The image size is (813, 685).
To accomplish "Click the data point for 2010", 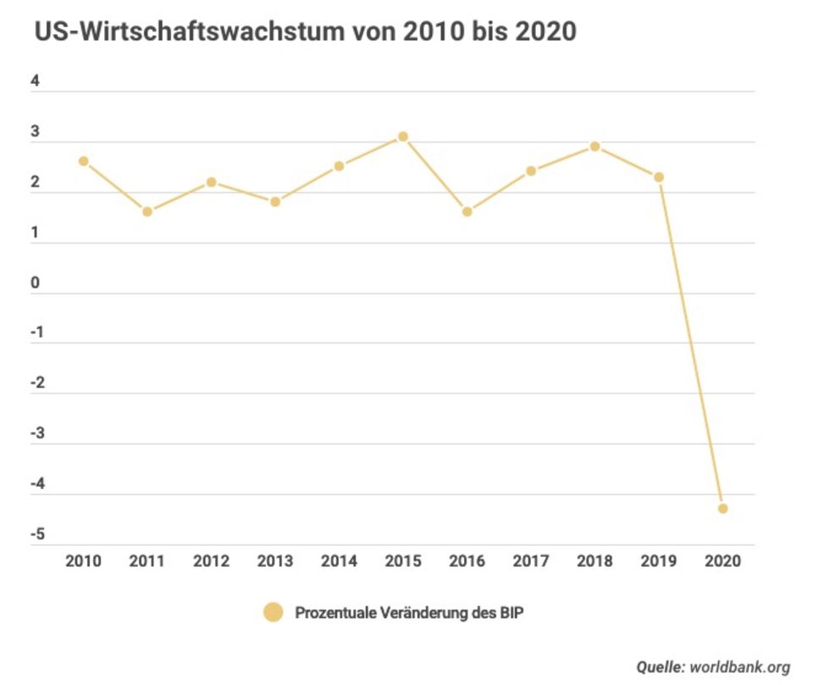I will click(x=83, y=161).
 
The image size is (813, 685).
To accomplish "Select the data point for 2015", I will click(x=403, y=136).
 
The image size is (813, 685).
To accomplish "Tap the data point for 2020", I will click(x=722, y=509).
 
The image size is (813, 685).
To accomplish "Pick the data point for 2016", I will click(x=467, y=211).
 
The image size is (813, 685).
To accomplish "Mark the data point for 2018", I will click(x=595, y=147).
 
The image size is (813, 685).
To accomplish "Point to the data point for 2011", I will click(x=147, y=211).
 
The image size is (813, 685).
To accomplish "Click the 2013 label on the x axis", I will click(x=274, y=561).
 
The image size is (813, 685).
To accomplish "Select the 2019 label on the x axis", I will click(x=658, y=561).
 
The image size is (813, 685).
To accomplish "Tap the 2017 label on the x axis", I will click(x=530, y=561).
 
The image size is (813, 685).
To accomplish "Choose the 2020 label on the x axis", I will click(x=722, y=561).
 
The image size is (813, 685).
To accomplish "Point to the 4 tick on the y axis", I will click(x=36, y=82).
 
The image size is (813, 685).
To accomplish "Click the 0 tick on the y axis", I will click(x=36, y=283).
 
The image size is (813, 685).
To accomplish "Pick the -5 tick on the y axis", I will click(x=38, y=535).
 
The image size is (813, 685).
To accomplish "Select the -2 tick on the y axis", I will click(x=38, y=384).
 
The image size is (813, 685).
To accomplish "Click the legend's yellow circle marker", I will click(x=273, y=612).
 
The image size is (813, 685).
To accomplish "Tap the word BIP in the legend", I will click(x=511, y=612).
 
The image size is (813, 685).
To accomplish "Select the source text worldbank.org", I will click(x=740, y=667).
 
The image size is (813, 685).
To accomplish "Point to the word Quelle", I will click(x=661, y=667).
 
